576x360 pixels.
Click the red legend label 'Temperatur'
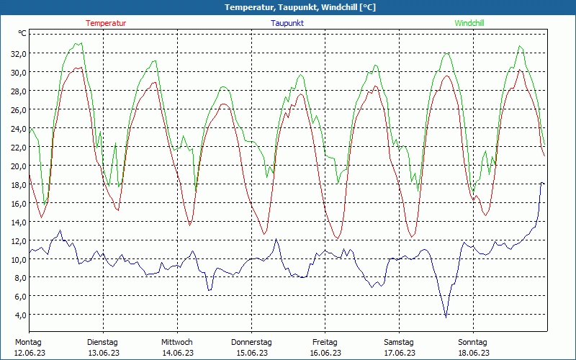pyautogui.click(x=106, y=23)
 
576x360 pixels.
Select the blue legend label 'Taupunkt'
pyautogui.click(x=287, y=23)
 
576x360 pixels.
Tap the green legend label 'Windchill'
pyautogui.click(x=469, y=23)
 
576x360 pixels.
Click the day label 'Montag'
pyautogui.click(x=28, y=342)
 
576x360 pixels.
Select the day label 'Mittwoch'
pyautogui.click(x=176, y=342)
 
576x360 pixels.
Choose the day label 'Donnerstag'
pyautogui.click(x=251, y=342)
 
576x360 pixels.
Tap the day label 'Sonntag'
pyautogui.click(x=472, y=342)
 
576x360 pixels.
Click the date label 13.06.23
pyautogui.click(x=102, y=353)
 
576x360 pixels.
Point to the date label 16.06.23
pyautogui.click(x=325, y=353)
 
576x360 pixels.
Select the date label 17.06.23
pyautogui.click(x=399, y=353)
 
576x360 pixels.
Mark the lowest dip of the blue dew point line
pyautogui.click(x=446, y=316)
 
